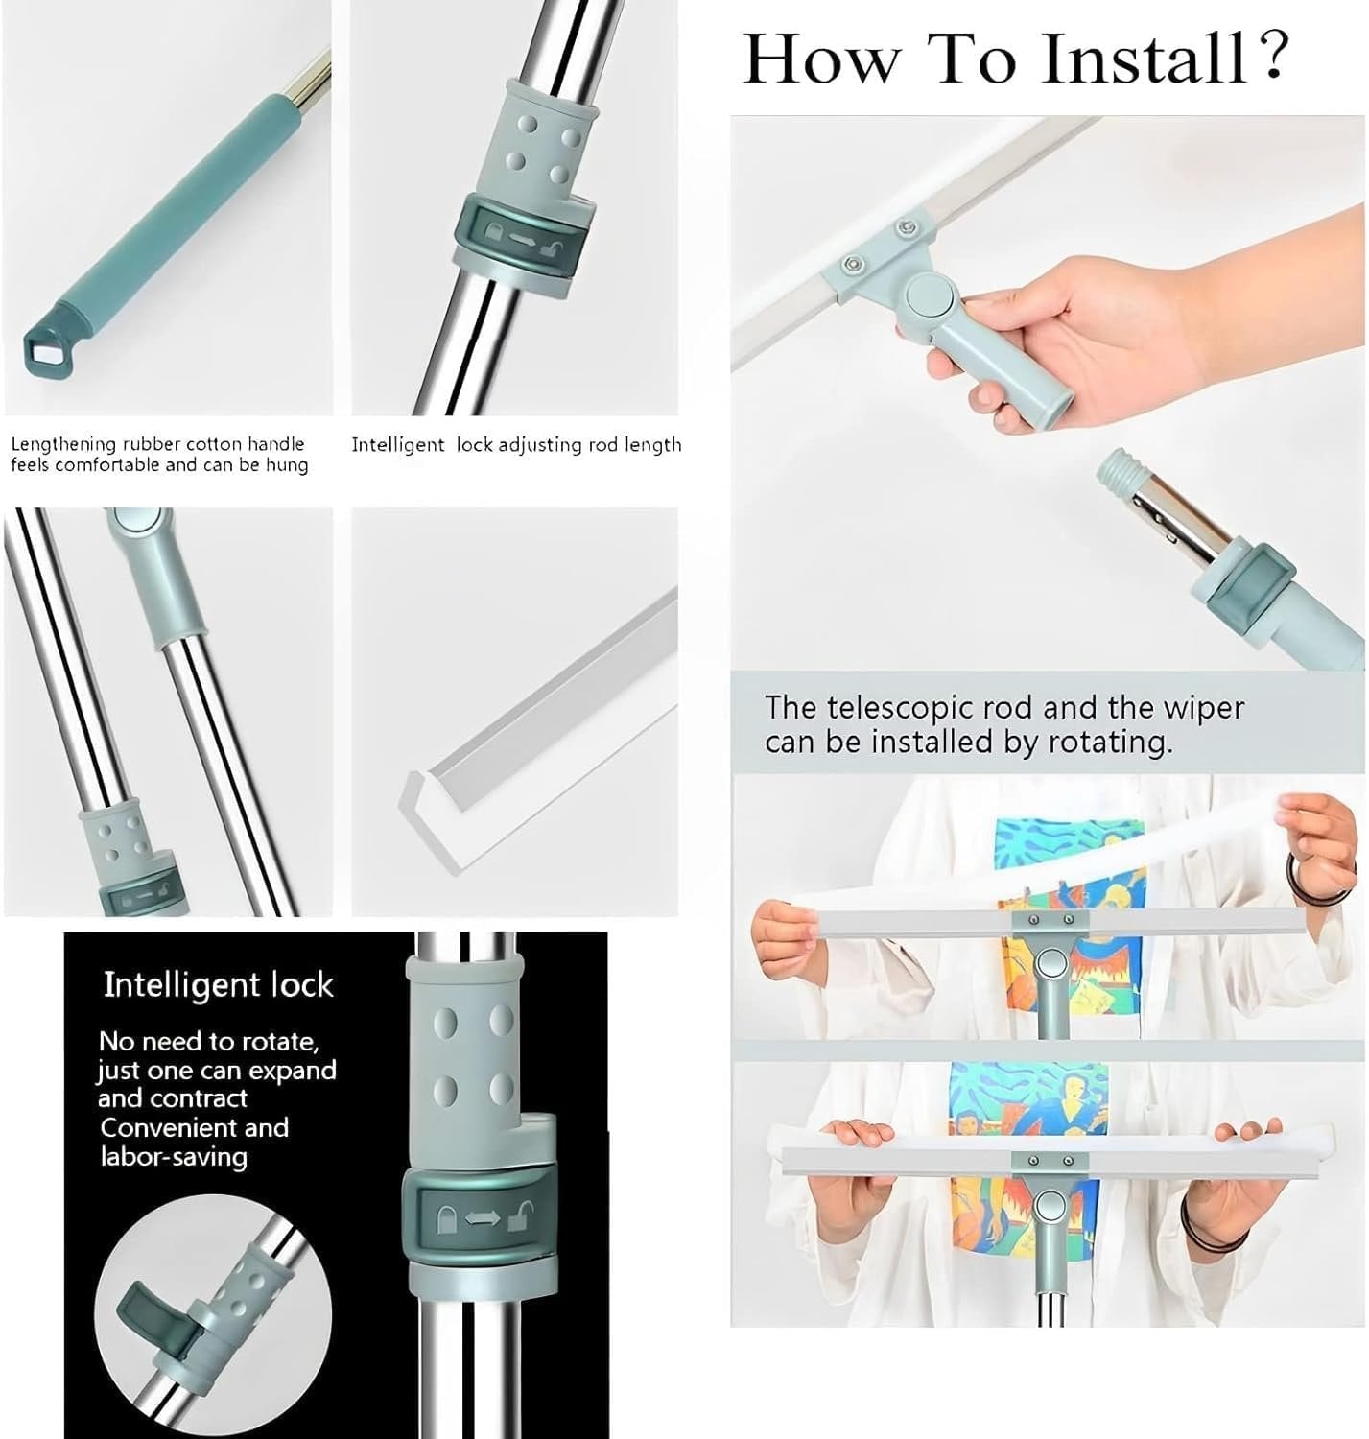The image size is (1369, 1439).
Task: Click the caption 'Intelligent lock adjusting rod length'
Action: pos(516,445)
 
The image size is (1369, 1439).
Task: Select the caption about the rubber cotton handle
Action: pos(159,455)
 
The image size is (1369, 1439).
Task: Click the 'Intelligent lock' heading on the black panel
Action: pos(218,985)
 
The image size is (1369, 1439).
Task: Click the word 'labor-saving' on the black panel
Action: pos(174,1157)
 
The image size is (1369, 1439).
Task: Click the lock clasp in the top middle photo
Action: pos(519,234)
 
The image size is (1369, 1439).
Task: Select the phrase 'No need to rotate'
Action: pos(208,1042)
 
